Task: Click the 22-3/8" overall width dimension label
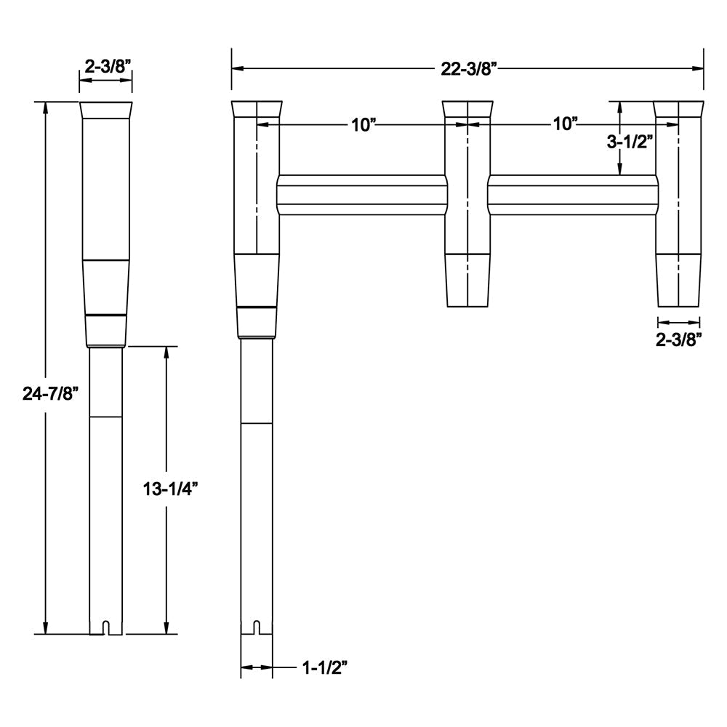[468, 68]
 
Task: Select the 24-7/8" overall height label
[50, 393]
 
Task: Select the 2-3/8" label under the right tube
[679, 339]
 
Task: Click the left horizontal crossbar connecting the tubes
[362, 195]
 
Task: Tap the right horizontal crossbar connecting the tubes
[571, 195]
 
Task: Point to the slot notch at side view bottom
[106, 627]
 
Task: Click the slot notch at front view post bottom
[257, 627]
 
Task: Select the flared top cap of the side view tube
[106, 111]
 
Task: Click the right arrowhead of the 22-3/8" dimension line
[699, 68]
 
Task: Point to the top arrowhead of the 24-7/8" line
[46, 108]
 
